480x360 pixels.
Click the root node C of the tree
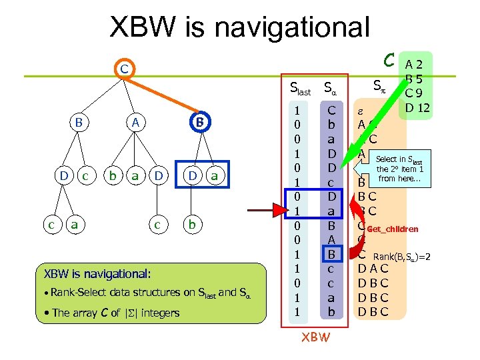[123, 69]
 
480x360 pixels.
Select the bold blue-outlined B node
[198, 123]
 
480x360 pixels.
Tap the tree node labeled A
[135, 123]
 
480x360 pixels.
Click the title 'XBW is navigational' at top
[239, 28]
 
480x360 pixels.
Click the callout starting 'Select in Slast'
[399, 169]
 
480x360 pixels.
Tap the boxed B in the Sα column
[331, 254]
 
